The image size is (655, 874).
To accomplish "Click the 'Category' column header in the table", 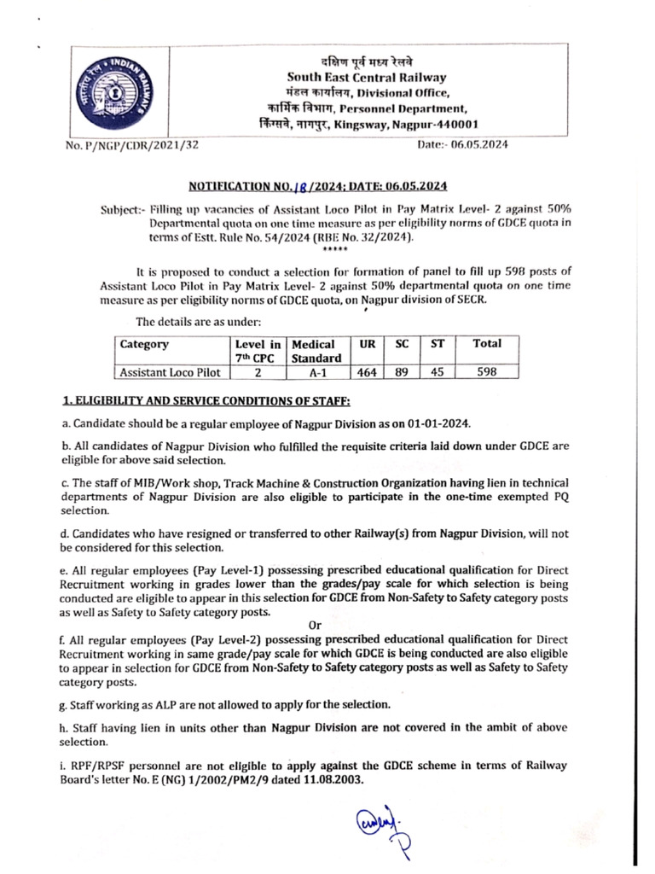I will [x=145, y=344].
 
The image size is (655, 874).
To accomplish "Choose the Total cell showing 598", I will [x=487, y=372].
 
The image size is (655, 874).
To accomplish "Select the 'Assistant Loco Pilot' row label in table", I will [x=170, y=372].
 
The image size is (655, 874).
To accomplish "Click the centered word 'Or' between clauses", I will [x=315, y=625].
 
